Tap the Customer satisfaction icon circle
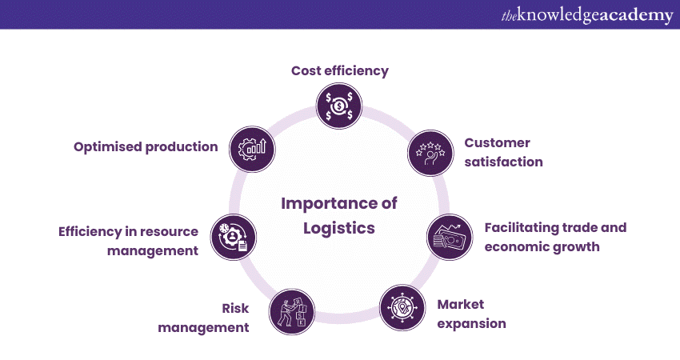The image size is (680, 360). point(430,152)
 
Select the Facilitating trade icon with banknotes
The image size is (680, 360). point(450,237)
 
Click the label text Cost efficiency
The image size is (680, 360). point(339,70)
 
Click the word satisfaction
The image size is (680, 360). point(504,162)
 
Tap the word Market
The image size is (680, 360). point(461,304)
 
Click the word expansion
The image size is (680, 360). point(471,324)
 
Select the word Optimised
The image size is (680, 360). point(110,146)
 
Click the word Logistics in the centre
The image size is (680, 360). point(338,228)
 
